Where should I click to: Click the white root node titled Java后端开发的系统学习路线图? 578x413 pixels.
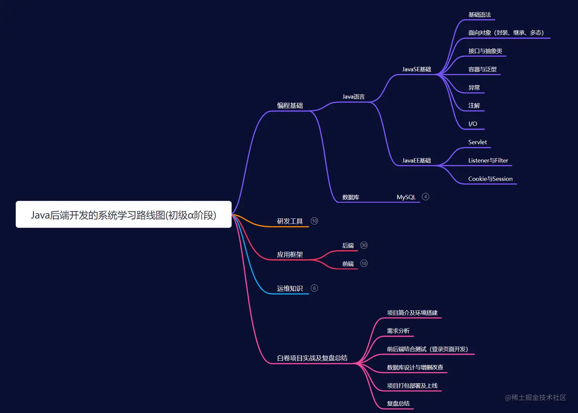tap(123, 214)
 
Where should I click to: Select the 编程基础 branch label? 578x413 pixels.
tap(290, 105)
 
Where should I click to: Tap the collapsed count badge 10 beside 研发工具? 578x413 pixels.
tap(314, 221)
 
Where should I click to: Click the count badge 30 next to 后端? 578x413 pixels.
tap(364, 245)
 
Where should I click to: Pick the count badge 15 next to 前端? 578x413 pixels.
tap(364, 263)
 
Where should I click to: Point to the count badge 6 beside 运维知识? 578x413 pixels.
tap(314, 288)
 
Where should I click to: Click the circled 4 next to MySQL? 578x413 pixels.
tap(425, 197)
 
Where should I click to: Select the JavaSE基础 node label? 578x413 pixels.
tap(416, 69)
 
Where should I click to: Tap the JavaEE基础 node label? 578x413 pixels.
tap(416, 160)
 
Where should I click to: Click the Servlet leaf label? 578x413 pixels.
tap(477, 142)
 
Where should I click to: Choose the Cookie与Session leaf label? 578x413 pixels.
tap(490, 179)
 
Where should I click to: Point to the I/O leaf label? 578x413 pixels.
tap(473, 124)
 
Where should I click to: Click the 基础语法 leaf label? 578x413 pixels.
tap(480, 15)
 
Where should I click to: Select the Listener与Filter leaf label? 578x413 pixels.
tap(488, 160)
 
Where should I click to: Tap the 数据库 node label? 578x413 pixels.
tap(351, 198)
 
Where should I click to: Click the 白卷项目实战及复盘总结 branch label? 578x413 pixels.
tap(312, 358)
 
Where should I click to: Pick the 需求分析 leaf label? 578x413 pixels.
tap(398, 331)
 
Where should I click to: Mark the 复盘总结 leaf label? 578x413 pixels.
tap(398, 404)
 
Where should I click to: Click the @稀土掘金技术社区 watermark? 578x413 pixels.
tap(536, 397)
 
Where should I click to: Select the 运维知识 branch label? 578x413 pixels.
tap(290, 288)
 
